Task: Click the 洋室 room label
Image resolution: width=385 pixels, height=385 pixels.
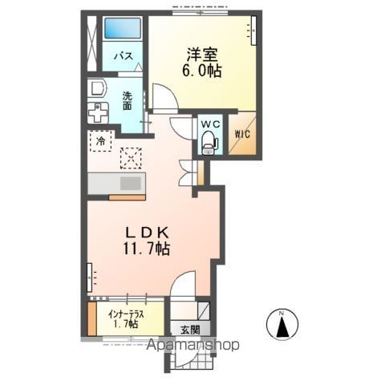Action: [205, 55]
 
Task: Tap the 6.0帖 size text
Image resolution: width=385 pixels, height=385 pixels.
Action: [205, 71]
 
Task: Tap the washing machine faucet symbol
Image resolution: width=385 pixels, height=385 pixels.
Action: [98, 113]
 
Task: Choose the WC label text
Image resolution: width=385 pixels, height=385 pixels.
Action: [210, 124]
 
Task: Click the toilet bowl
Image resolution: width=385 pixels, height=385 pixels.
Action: [209, 142]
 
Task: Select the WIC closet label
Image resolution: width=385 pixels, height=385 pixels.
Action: [241, 134]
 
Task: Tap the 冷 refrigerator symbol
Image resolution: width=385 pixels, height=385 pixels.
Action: [101, 141]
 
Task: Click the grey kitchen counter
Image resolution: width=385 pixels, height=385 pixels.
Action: [115, 183]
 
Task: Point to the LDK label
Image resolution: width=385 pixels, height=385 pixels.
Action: [146, 232]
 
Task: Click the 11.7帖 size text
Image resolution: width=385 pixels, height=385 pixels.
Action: [146, 249]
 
